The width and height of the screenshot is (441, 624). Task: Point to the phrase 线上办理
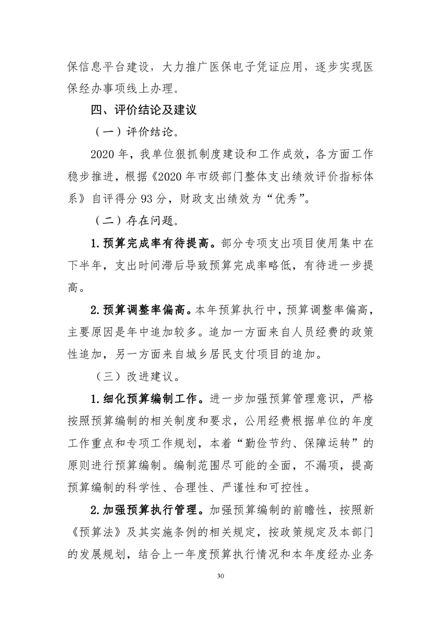155,88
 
